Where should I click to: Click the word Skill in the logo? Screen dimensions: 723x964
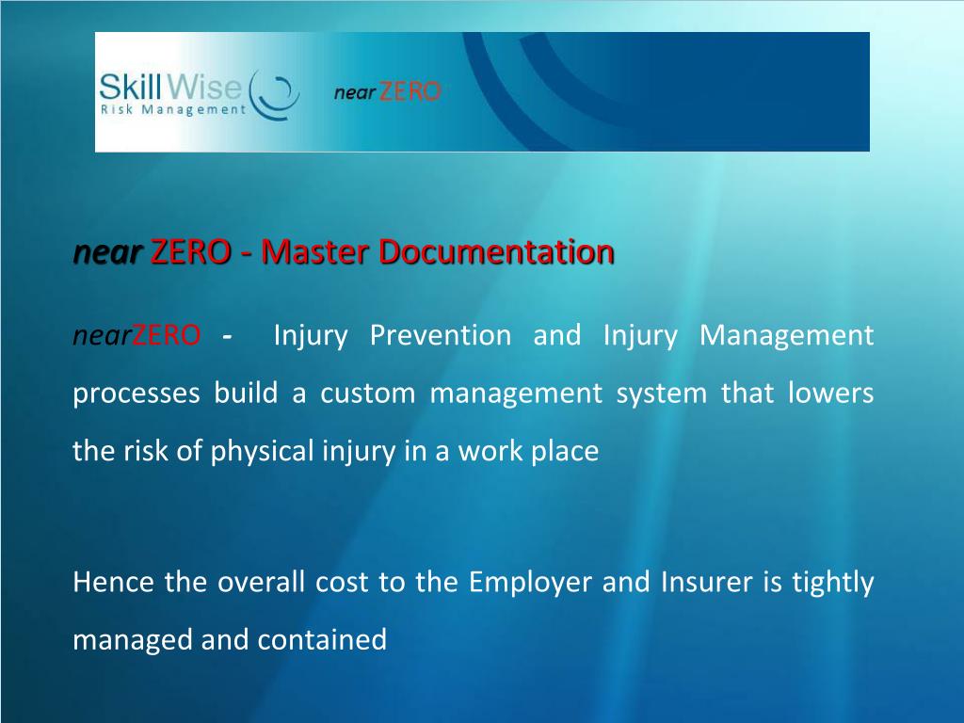coord(132,89)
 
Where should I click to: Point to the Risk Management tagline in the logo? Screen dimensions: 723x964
coord(172,109)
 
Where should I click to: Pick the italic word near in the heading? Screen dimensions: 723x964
coord(107,252)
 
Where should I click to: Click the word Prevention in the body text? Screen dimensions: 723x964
coord(441,335)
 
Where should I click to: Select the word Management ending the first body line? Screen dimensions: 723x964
coord(787,335)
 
